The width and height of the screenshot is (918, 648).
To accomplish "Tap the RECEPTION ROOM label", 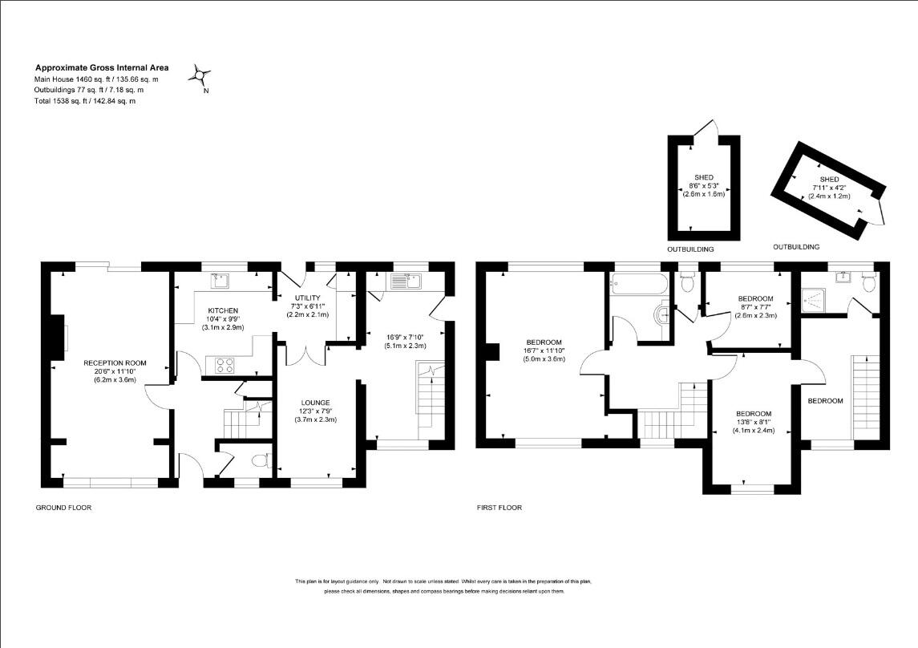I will click(x=115, y=363).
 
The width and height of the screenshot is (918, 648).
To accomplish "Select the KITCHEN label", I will click(x=223, y=310).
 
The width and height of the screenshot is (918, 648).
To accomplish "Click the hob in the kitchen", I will click(x=224, y=363).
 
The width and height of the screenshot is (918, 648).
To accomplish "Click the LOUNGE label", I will click(x=316, y=403).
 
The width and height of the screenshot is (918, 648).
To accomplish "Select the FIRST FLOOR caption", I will click(x=499, y=508).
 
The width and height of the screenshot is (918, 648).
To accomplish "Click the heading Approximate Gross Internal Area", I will click(x=101, y=68).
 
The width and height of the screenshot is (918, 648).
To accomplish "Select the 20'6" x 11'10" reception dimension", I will click(x=115, y=371).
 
